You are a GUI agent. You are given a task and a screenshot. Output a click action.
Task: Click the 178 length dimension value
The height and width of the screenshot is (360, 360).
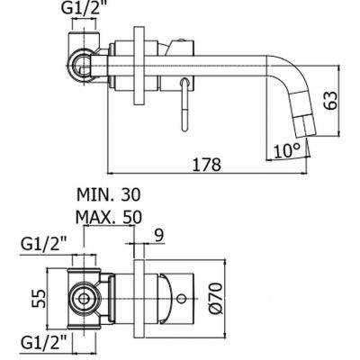207,164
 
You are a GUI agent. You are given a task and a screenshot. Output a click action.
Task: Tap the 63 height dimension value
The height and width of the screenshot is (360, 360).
331,101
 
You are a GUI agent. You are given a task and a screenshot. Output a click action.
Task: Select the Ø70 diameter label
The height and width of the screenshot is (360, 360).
216,298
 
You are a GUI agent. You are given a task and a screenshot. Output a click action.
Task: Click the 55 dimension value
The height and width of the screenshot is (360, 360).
39,299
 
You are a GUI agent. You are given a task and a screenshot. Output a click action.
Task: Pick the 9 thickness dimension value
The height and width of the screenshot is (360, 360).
159,236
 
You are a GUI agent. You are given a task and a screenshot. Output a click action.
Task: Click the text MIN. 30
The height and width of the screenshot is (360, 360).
109,194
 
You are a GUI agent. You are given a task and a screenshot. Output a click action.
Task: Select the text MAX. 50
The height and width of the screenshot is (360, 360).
109,217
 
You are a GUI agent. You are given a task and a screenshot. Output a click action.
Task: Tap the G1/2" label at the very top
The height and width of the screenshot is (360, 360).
84,8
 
